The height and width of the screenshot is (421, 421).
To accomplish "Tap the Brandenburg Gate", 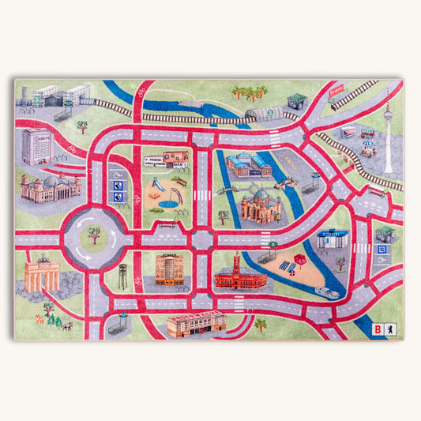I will pyautogui.click(x=42, y=276).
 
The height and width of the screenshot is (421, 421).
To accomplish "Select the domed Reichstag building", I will pyautogui.click(x=51, y=187).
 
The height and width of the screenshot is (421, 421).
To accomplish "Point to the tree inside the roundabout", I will pyautogui.click(x=95, y=234).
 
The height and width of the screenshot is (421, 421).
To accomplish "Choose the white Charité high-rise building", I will pyautogui.click(x=36, y=145).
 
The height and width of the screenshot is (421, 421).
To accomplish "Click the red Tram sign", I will pyautogui.click(x=336, y=89).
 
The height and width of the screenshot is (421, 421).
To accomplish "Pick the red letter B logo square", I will pyautogui.click(x=379, y=329).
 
